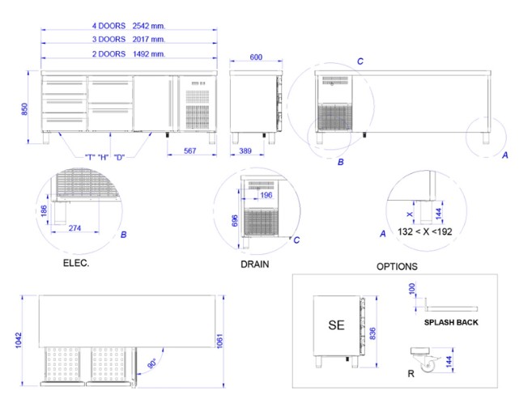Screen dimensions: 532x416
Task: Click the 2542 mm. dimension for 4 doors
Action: click(149, 26)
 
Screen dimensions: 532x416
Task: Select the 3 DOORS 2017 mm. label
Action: click(129, 40)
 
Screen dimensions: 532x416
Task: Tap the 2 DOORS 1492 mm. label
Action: click(129, 54)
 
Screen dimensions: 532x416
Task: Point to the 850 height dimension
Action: click(25, 109)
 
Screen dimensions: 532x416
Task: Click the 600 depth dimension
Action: click(256, 57)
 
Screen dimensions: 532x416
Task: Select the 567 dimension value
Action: click(190, 151)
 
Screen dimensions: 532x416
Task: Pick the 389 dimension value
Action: click(245, 151)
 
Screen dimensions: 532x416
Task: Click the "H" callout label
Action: click(103, 157)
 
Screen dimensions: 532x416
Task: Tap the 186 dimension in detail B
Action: click(44, 210)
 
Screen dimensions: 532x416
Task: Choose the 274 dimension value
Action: click(74, 228)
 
